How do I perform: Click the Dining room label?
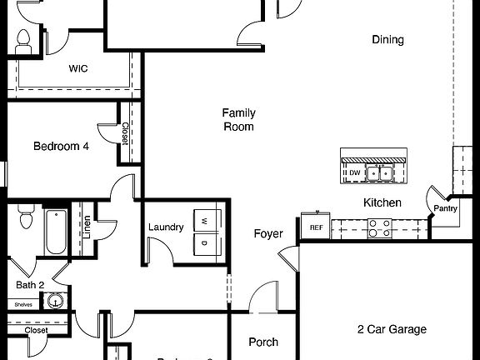click(387, 39)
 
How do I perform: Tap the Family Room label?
click(238, 120)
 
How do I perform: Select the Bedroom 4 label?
click(60, 147)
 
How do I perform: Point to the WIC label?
click(79, 69)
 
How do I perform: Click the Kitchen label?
click(382, 202)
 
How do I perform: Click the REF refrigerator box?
click(316, 227)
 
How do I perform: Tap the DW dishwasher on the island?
click(354, 173)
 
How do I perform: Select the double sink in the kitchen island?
click(384, 173)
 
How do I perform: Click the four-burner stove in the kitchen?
click(380, 227)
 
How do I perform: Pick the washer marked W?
click(204, 221)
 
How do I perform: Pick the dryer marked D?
click(204, 243)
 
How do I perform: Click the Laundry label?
click(166, 227)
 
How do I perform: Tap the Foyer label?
click(268, 234)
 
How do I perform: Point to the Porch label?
click(263, 342)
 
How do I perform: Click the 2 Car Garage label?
click(392, 329)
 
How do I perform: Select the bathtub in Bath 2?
click(56, 232)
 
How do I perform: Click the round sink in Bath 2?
click(56, 302)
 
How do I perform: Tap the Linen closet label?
click(87, 227)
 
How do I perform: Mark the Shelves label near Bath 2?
click(23, 304)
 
